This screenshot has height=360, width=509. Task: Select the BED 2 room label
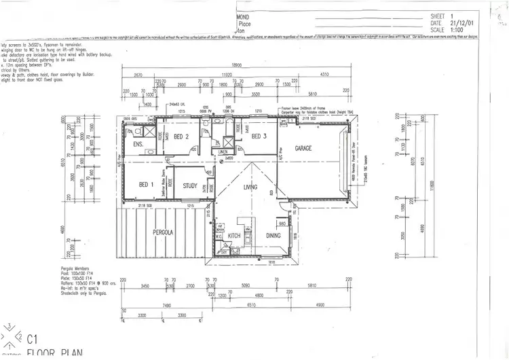pyautogui.click(x=181, y=137)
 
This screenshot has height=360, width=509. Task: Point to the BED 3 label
pyautogui.click(x=259, y=137)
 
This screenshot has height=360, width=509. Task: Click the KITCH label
pyautogui.click(x=235, y=236)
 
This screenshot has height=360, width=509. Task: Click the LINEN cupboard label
pyautogui.click(x=223, y=152)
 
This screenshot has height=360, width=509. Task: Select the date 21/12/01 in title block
pyautogui.click(x=458, y=23)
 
